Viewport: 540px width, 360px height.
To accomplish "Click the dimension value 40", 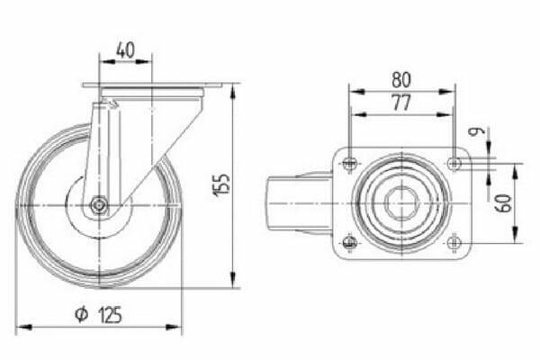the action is click(x=125, y=50).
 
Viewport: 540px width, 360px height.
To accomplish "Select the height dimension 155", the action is click(x=222, y=185).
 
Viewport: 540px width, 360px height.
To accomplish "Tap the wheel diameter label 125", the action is click(x=110, y=315).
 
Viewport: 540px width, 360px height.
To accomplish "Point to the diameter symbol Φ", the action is click(x=82, y=314).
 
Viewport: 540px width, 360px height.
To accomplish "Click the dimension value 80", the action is click(x=401, y=79).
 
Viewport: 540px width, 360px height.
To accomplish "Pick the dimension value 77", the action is click(x=401, y=103).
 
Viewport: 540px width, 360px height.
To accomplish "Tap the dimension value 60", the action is click(x=503, y=203).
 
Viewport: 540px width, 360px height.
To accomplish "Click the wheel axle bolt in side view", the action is click(x=99, y=205).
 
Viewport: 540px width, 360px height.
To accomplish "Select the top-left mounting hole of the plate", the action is click(x=350, y=163).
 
